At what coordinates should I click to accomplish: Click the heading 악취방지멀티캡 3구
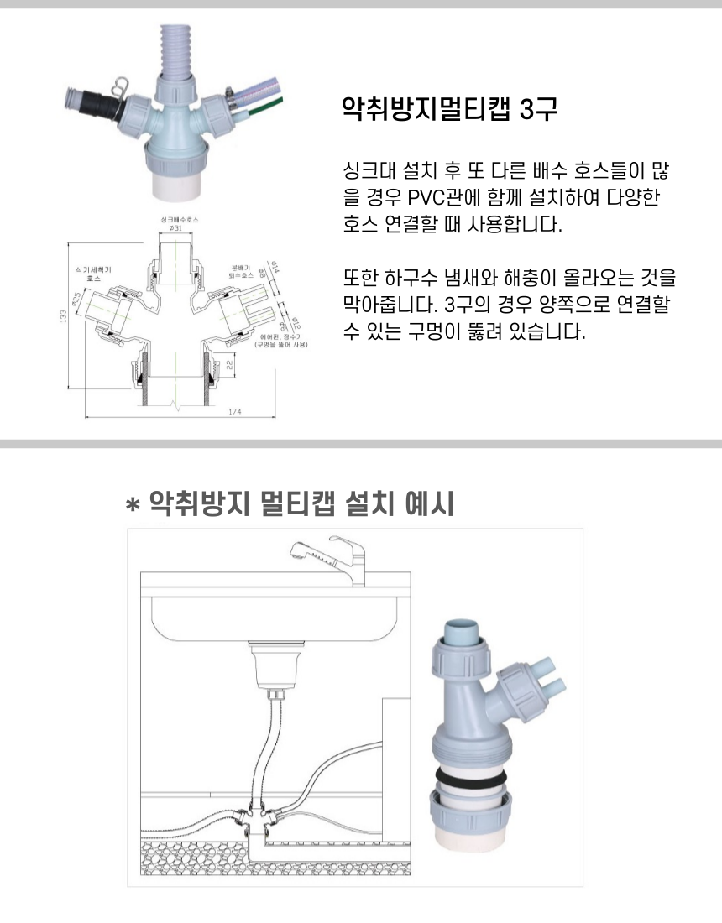click(449, 109)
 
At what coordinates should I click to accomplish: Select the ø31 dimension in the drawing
click(176, 228)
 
